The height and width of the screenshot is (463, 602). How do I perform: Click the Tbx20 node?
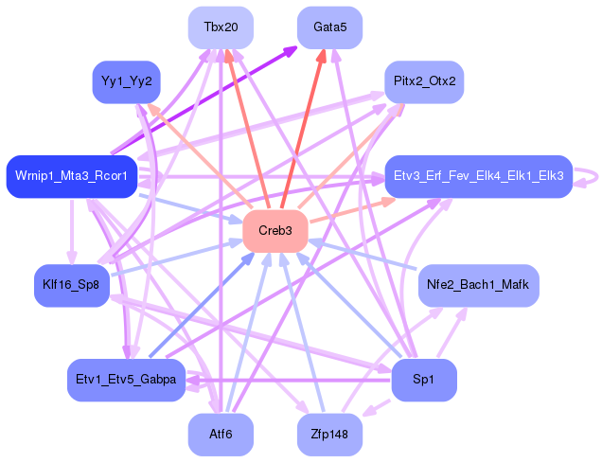(x=221, y=27)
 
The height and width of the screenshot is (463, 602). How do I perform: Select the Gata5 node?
(x=330, y=27)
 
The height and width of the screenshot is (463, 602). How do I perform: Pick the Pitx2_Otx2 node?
(x=424, y=81)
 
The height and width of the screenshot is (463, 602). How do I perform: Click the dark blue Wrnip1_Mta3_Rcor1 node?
(x=72, y=176)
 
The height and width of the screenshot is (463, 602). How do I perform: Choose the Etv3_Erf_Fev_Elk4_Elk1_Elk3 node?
(x=478, y=176)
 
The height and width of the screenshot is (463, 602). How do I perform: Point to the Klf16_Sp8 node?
(x=71, y=283)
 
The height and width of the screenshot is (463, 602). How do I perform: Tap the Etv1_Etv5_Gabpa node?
(x=126, y=380)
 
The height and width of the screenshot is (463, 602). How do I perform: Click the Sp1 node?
(x=424, y=380)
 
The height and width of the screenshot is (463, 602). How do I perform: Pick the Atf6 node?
(x=221, y=435)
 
